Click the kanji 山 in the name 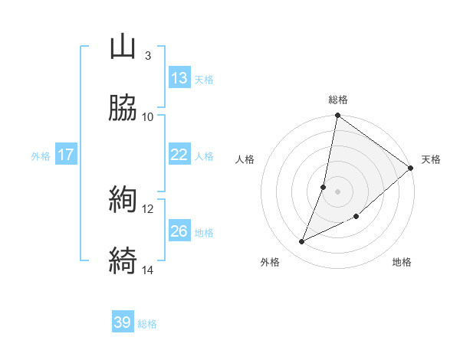[x=123, y=47]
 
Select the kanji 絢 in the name [x=123, y=200]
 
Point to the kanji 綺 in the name [x=123, y=260]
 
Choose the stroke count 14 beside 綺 [x=147, y=270]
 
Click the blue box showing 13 [x=179, y=78]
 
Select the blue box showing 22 [x=179, y=155]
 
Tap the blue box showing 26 [x=179, y=231]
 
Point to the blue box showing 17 [x=66, y=155]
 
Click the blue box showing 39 [x=123, y=322]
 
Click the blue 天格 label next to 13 [x=204, y=79]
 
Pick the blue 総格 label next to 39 [x=147, y=324]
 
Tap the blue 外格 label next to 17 [x=41, y=156]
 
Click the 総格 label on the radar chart [x=338, y=100]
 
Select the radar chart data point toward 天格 [x=411, y=169]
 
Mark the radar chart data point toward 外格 [x=302, y=242]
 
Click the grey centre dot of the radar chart [x=337, y=191]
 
